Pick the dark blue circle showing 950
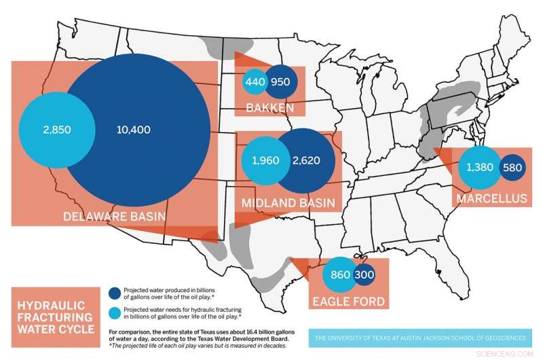280,82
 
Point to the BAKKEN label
270,108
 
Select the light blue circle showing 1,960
261,161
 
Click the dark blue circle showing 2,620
305,161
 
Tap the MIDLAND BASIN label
288,202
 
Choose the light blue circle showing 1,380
479,167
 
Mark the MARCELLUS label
492,198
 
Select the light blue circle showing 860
339,275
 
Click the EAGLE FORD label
348,301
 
